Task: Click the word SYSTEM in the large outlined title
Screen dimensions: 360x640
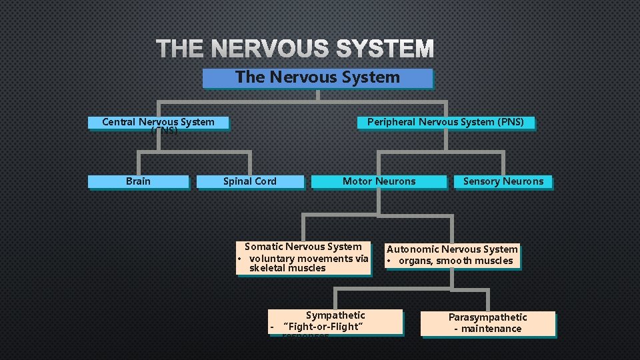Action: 385,49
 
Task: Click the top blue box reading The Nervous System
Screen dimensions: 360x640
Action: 317,78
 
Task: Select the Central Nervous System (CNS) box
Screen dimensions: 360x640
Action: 158,123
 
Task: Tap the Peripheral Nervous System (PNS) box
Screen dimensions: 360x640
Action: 445,123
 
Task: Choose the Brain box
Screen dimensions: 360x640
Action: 138,181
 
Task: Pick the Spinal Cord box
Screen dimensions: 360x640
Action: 250,181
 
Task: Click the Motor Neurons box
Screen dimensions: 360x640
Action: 379,181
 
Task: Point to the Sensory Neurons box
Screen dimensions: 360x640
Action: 503,181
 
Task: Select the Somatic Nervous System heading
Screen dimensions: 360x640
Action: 303,247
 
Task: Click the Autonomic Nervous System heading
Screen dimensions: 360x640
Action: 452,249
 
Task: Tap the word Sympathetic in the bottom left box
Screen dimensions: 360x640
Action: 335,315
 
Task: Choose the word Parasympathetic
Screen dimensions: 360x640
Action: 487,317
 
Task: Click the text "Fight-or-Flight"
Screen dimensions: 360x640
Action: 323,327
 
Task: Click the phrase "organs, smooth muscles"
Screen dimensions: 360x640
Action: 456,261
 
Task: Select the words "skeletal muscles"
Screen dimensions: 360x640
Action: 287,268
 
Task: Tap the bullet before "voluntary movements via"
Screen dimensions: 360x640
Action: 240,259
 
